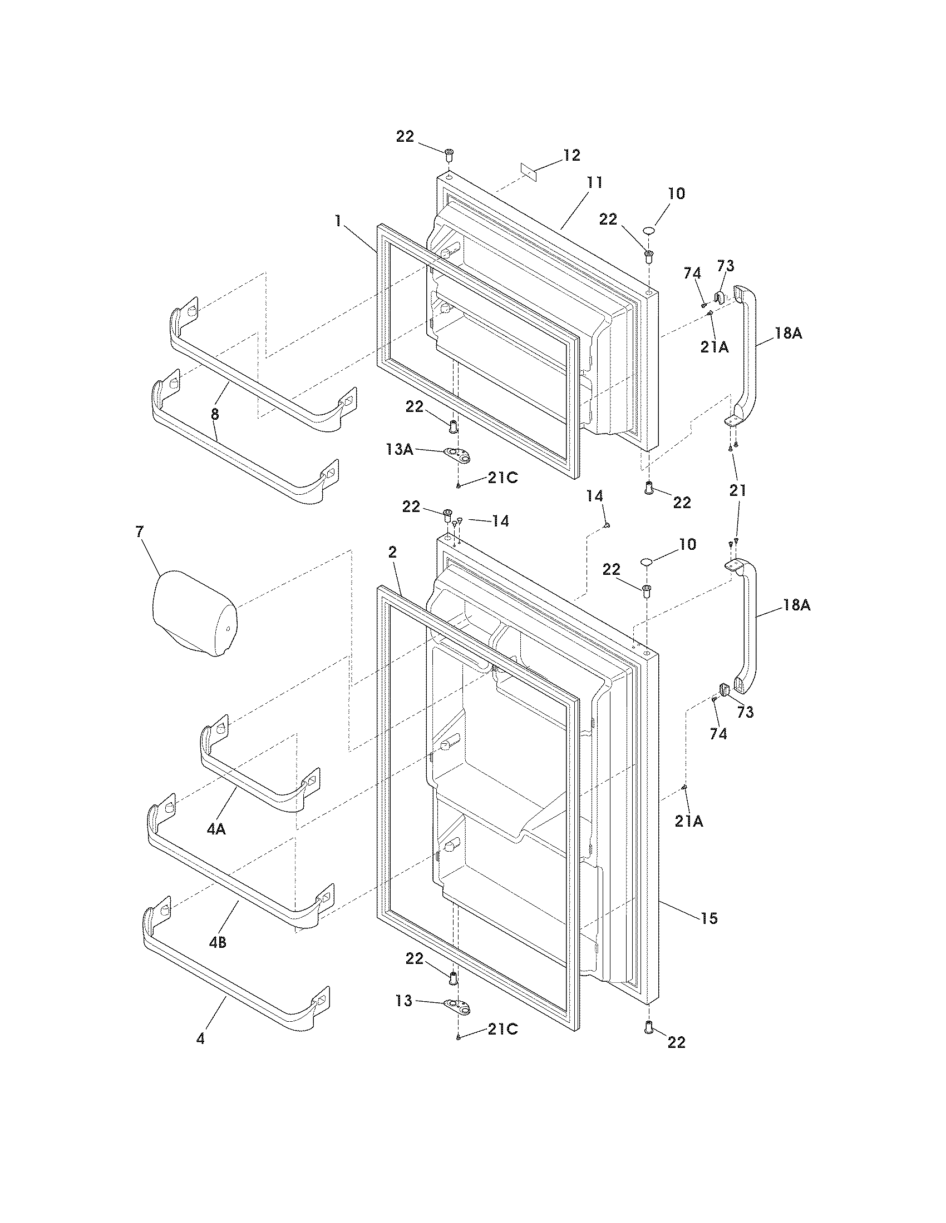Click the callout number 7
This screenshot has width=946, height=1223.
coord(140,532)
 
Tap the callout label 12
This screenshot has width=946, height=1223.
coord(571,155)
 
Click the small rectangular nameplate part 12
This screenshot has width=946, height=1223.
coord(529,172)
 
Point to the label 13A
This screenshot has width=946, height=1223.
coord(399,449)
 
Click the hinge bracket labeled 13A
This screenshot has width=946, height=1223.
coord(457,455)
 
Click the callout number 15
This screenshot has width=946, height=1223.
coord(709,918)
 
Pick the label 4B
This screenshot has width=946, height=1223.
coord(218,942)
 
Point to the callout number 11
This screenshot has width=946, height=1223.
coord(594,182)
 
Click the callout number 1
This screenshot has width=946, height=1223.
coord(337,221)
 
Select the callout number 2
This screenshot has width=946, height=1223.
coord(392,553)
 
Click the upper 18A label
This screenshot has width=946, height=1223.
coord(789,333)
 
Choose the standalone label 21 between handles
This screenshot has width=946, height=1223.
coord(737,490)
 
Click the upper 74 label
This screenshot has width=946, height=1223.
coord(692,274)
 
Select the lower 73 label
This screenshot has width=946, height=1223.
coord(745,712)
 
